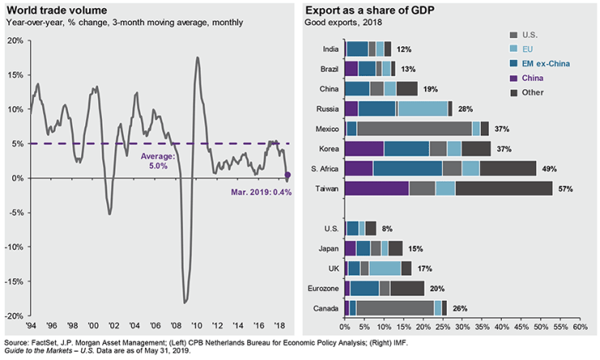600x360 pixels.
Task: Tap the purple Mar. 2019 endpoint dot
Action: pyautogui.click(x=287, y=175)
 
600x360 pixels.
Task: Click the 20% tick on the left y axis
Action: pyautogui.click(x=15, y=40)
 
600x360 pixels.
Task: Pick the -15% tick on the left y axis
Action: pyautogui.click(x=14, y=281)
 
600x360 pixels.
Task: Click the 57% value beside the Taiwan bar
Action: pyautogui.click(x=566, y=189)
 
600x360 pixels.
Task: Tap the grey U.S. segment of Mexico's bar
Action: pyautogui.click(x=414, y=129)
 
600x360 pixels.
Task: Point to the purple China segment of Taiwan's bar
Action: pyautogui.click(x=376, y=189)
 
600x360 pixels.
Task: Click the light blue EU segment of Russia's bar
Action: pyautogui.click(x=422, y=109)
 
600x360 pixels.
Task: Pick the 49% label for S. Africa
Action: pyautogui.click(x=549, y=169)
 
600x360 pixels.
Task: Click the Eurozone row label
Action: pyautogui.click(x=322, y=288)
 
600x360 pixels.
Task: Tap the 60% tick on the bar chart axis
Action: pyautogui.click(x=580, y=327)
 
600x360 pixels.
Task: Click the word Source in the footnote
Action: pyautogui.click(x=17, y=343)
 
